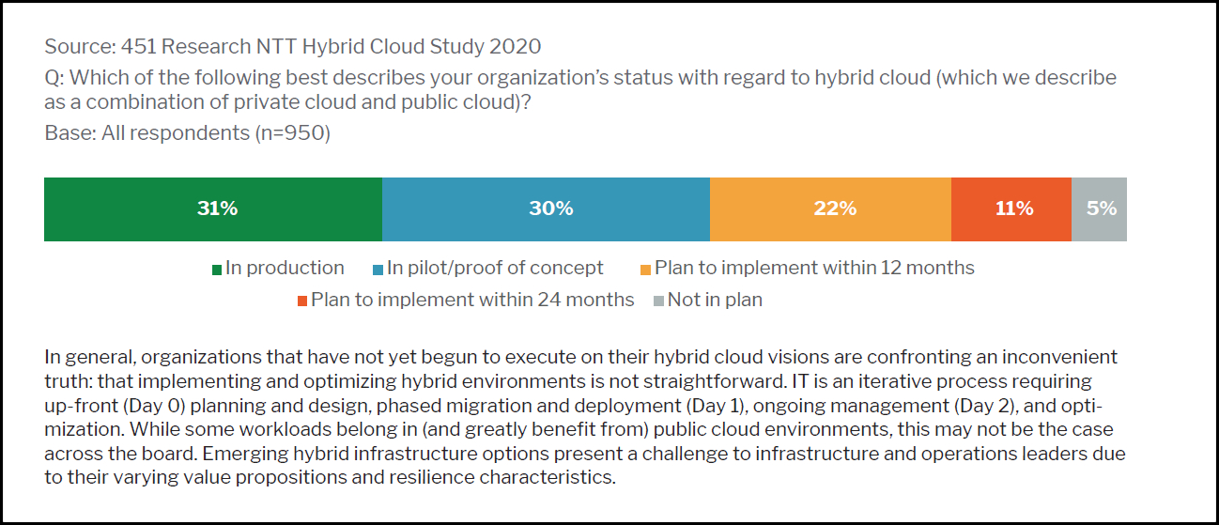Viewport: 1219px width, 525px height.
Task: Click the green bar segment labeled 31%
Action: tap(213, 208)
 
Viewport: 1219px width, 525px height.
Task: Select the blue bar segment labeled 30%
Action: tap(546, 208)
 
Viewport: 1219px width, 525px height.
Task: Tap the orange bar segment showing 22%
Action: tap(830, 208)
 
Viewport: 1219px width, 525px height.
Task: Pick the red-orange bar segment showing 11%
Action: tap(1011, 208)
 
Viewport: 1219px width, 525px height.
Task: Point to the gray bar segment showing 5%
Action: tap(1099, 208)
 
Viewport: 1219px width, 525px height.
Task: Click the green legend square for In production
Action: tap(217, 270)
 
